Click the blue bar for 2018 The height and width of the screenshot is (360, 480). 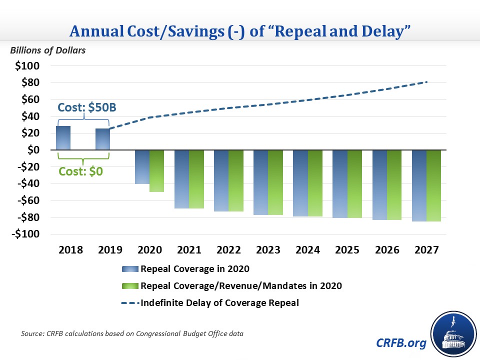click(63, 138)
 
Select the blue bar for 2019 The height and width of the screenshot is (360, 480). click(102, 139)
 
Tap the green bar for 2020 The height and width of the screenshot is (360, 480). click(156, 170)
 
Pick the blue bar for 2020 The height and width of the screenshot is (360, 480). click(142, 167)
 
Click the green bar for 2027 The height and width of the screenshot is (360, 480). click(433, 185)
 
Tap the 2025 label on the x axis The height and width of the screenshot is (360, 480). click(346, 250)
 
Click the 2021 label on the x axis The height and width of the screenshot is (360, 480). click(188, 250)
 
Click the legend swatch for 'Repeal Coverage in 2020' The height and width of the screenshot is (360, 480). click(130, 269)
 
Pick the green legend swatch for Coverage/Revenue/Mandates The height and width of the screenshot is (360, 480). click(130, 286)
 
